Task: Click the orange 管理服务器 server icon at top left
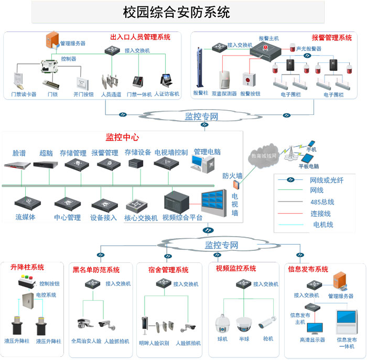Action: [51, 41]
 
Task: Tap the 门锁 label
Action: [52, 94]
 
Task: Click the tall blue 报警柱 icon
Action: [200, 69]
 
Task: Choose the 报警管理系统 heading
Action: [331, 38]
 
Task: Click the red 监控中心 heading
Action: [122, 137]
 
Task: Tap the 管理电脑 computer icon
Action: [205, 165]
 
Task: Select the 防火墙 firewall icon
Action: [236, 185]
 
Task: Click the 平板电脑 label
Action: [309, 166]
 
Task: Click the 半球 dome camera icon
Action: [244, 322]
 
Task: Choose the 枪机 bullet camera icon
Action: [268, 321]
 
